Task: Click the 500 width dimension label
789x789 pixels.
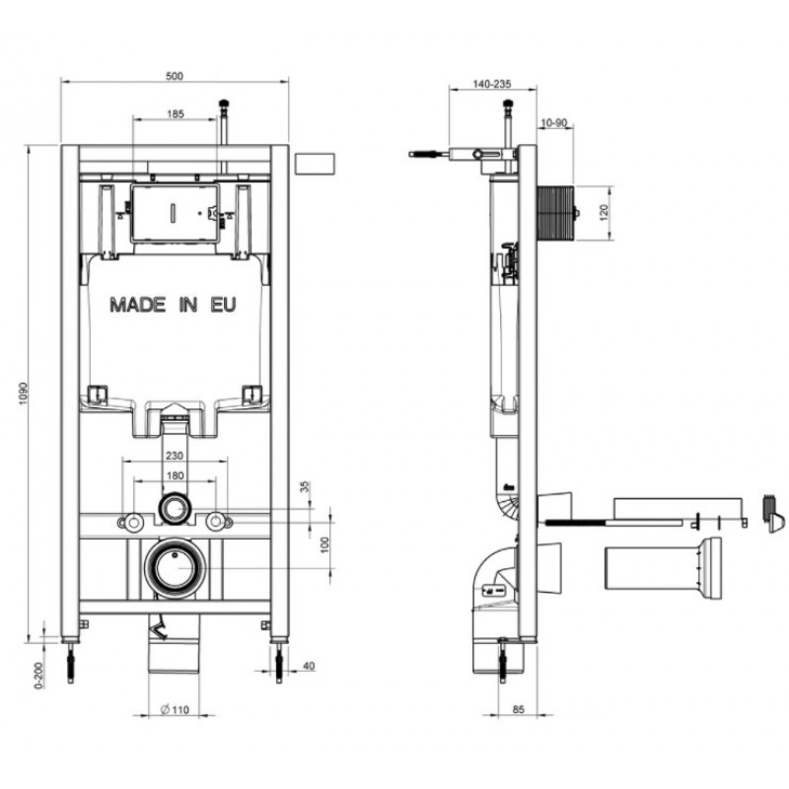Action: point(175,76)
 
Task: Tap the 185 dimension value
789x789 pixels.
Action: point(176,114)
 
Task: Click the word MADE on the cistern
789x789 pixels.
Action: point(138,305)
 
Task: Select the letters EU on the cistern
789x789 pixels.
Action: point(223,305)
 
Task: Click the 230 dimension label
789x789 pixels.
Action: point(175,456)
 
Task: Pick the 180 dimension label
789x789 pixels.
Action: point(175,475)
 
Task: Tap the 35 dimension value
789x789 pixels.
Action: point(305,487)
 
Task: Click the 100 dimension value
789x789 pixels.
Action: point(325,544)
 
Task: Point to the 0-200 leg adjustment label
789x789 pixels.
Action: point(39,675)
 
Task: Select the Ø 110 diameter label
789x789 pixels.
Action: point(175,710)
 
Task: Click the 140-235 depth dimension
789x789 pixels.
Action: point(492,84)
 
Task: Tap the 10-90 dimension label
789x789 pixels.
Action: point(554,122)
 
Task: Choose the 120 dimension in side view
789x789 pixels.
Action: point(605,210)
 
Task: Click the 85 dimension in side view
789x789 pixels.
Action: point(519,709)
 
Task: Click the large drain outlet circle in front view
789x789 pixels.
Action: point(176,569)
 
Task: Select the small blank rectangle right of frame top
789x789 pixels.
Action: point(315,164)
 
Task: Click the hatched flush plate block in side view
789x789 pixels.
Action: point(556,213)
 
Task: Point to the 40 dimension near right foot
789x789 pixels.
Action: point(309,666)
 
